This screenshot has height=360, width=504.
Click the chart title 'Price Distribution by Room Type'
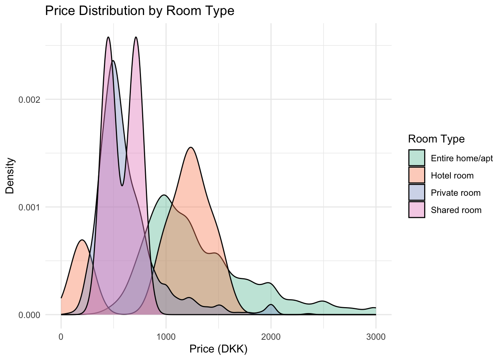pyautogui.click(x=139, y=10)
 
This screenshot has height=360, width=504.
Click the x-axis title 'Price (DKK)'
pyautogui.click(x=218, y=349)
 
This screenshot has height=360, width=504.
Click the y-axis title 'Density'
pyautogui.click(x=10, y=175)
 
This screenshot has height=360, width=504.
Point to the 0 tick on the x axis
pyautogui.click(x=61, y=337)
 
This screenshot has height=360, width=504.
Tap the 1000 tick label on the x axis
pyautogui.click(x=166, y=337)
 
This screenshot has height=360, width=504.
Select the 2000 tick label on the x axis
pyautogui.click(x=271, y=337)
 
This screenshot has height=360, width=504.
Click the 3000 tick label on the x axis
pyautogui.click(x=375, y=337)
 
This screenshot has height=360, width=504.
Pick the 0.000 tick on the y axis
pyautogui.click(x=29, y=315)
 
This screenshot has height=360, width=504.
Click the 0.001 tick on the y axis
pyautogui.click(x=29, y=207)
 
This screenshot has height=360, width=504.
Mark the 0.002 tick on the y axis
pyautogui.click(x=29, y=100)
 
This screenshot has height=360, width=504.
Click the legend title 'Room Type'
pyautogui.click(x=436, y=139)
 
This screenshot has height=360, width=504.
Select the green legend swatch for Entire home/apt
pyautogui.click(x=417, y=158)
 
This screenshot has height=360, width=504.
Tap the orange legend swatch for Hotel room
pyautogui.click(x=417, y=175)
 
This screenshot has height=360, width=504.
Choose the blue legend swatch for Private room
pyautogui.click(x=417, y=192)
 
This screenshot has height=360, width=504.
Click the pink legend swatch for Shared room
pyautogui.click(x=417, y=210)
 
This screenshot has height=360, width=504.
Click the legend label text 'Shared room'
pyautogui.click(x=456, y=210)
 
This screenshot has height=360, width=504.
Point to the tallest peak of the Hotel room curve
pyautogui.click(x=191, y=147)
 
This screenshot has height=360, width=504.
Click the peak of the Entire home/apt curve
pyautogui.click(x=164, y=195)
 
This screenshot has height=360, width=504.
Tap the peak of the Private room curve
pyautogui.click(x=112, y=61)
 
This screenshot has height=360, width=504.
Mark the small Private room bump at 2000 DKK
pyautogui.click(x=271, y=304)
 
